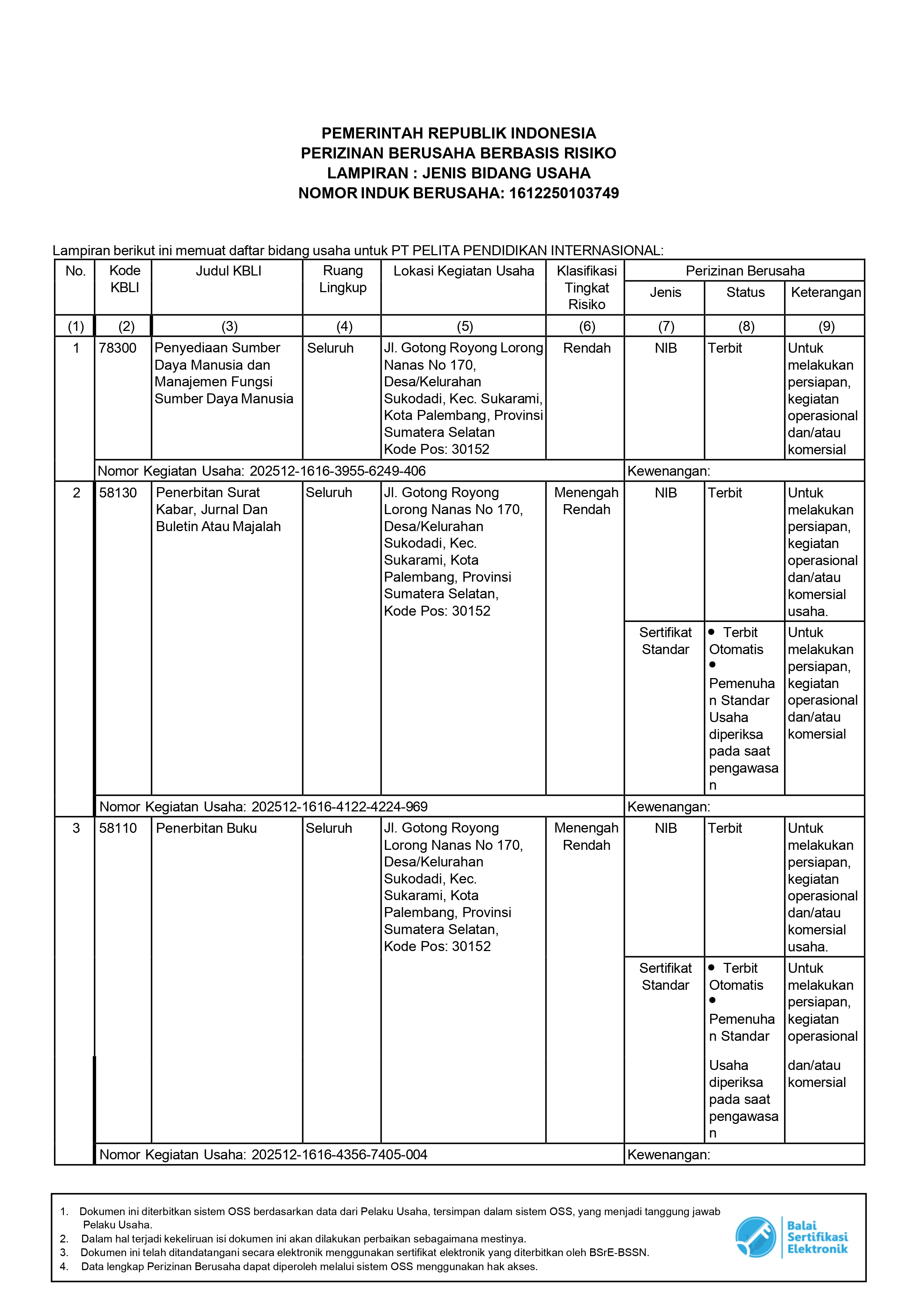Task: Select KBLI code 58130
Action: point(118,493)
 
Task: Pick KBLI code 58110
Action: point(118,828)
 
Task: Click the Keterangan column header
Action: point(825,293)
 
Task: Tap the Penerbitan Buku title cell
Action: point(206,828)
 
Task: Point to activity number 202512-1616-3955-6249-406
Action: point(337,471)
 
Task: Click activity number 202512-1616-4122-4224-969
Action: point(339,807)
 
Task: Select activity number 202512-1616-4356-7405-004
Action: point(339,1154)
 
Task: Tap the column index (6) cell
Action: point(587,326)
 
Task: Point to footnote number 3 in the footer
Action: point(64,1252)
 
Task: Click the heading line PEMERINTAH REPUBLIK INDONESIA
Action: point(459,133)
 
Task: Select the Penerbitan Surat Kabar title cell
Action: point(218,509)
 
